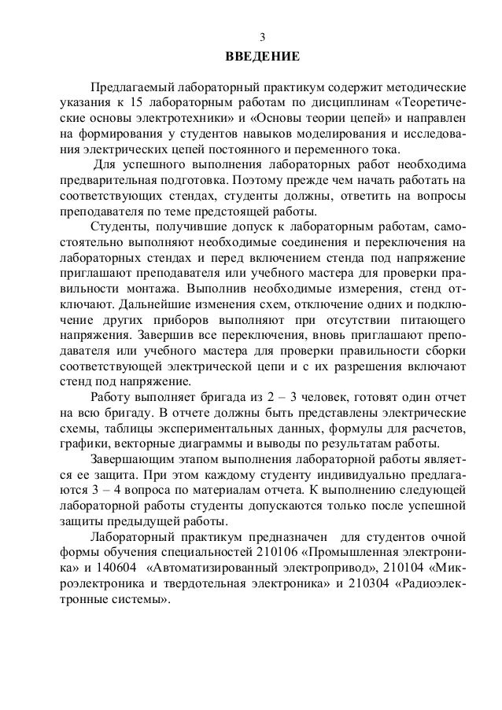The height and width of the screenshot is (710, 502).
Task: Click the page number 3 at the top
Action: pyautogui.click(x=263, y=37)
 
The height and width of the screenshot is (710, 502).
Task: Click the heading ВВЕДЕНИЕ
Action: pyautogui.click(x=263, y=57)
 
